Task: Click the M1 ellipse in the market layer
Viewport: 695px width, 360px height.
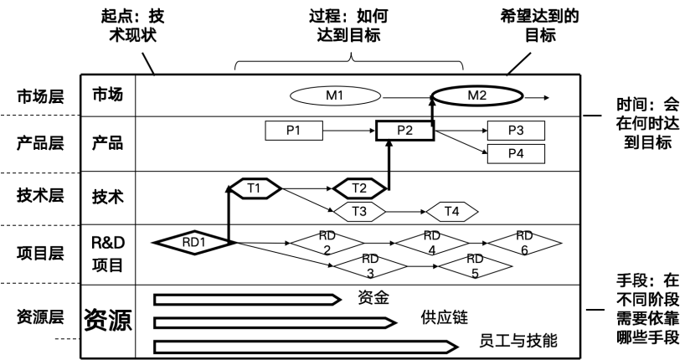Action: point(335,95)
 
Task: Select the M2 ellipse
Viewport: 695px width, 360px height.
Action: point(476,95)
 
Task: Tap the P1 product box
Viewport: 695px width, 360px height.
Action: point(293,131)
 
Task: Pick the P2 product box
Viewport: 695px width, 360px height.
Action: point(404,131)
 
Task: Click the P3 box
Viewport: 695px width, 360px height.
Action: point(516,131)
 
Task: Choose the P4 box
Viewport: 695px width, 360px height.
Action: point(516,153)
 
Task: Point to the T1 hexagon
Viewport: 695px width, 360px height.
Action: point(254,188)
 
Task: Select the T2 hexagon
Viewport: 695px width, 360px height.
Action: point(359,188)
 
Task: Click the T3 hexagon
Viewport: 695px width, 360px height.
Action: point(359,211)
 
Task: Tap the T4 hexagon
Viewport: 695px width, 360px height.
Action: point(451,211)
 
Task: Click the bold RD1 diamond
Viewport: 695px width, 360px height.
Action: point(193,242)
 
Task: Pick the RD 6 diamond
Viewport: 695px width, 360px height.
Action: point(524,242)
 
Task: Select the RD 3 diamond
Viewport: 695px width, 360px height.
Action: point(370,265)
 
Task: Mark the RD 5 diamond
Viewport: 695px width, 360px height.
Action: point(475,265)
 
